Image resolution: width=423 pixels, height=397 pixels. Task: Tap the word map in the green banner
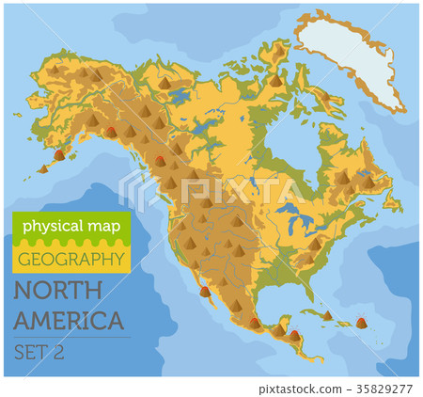98,226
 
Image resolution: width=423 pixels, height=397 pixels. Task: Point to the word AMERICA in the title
70,319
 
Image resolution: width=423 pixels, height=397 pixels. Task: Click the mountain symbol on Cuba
326,315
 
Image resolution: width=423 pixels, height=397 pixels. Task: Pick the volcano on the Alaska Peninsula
60,152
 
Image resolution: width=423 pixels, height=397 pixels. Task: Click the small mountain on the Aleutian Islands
42,168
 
